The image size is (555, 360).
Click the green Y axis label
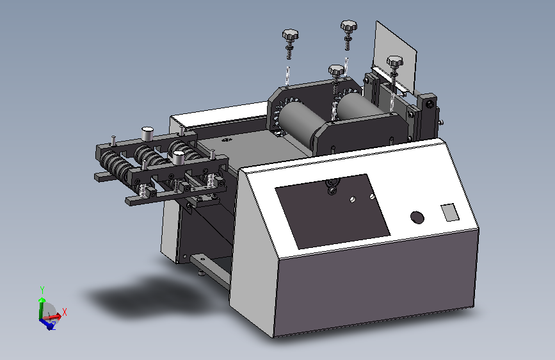[x=42, y=290]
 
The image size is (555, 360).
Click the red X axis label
[x=65, y=312]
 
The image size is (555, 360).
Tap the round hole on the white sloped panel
[x=417, y=218]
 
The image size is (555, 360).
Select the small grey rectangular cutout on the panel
[x=449, y=212]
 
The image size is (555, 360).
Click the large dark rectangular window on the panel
[x=332, y=211]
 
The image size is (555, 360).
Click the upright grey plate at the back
[x=395, y=57]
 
